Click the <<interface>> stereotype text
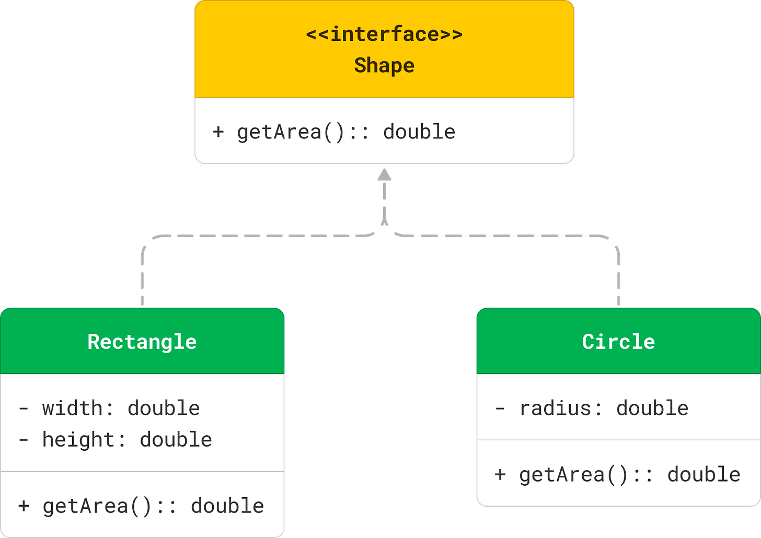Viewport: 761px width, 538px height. (x=384, y=34)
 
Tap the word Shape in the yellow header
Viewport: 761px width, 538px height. (x=384, y=66)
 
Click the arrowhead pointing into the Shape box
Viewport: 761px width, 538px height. (x=385, y=174)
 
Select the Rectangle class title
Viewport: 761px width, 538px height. (x=142, y=342)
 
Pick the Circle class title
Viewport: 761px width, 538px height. (x=618, y=342)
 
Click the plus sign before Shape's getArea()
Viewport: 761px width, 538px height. (x=218, y=132)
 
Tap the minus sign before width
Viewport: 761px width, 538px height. (x=24, y=408)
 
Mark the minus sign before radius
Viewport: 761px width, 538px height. (x=500, y=408)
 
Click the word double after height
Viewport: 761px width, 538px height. (x=176, y=439)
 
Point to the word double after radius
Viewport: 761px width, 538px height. (x=652, y=408)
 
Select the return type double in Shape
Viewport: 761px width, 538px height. (x=419, y=132)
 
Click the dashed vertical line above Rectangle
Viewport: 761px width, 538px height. (x=142, y=277)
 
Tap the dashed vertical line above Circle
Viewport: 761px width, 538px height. (x=619, y=277)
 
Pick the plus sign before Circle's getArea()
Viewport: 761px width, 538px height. (x=500, y=474)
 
